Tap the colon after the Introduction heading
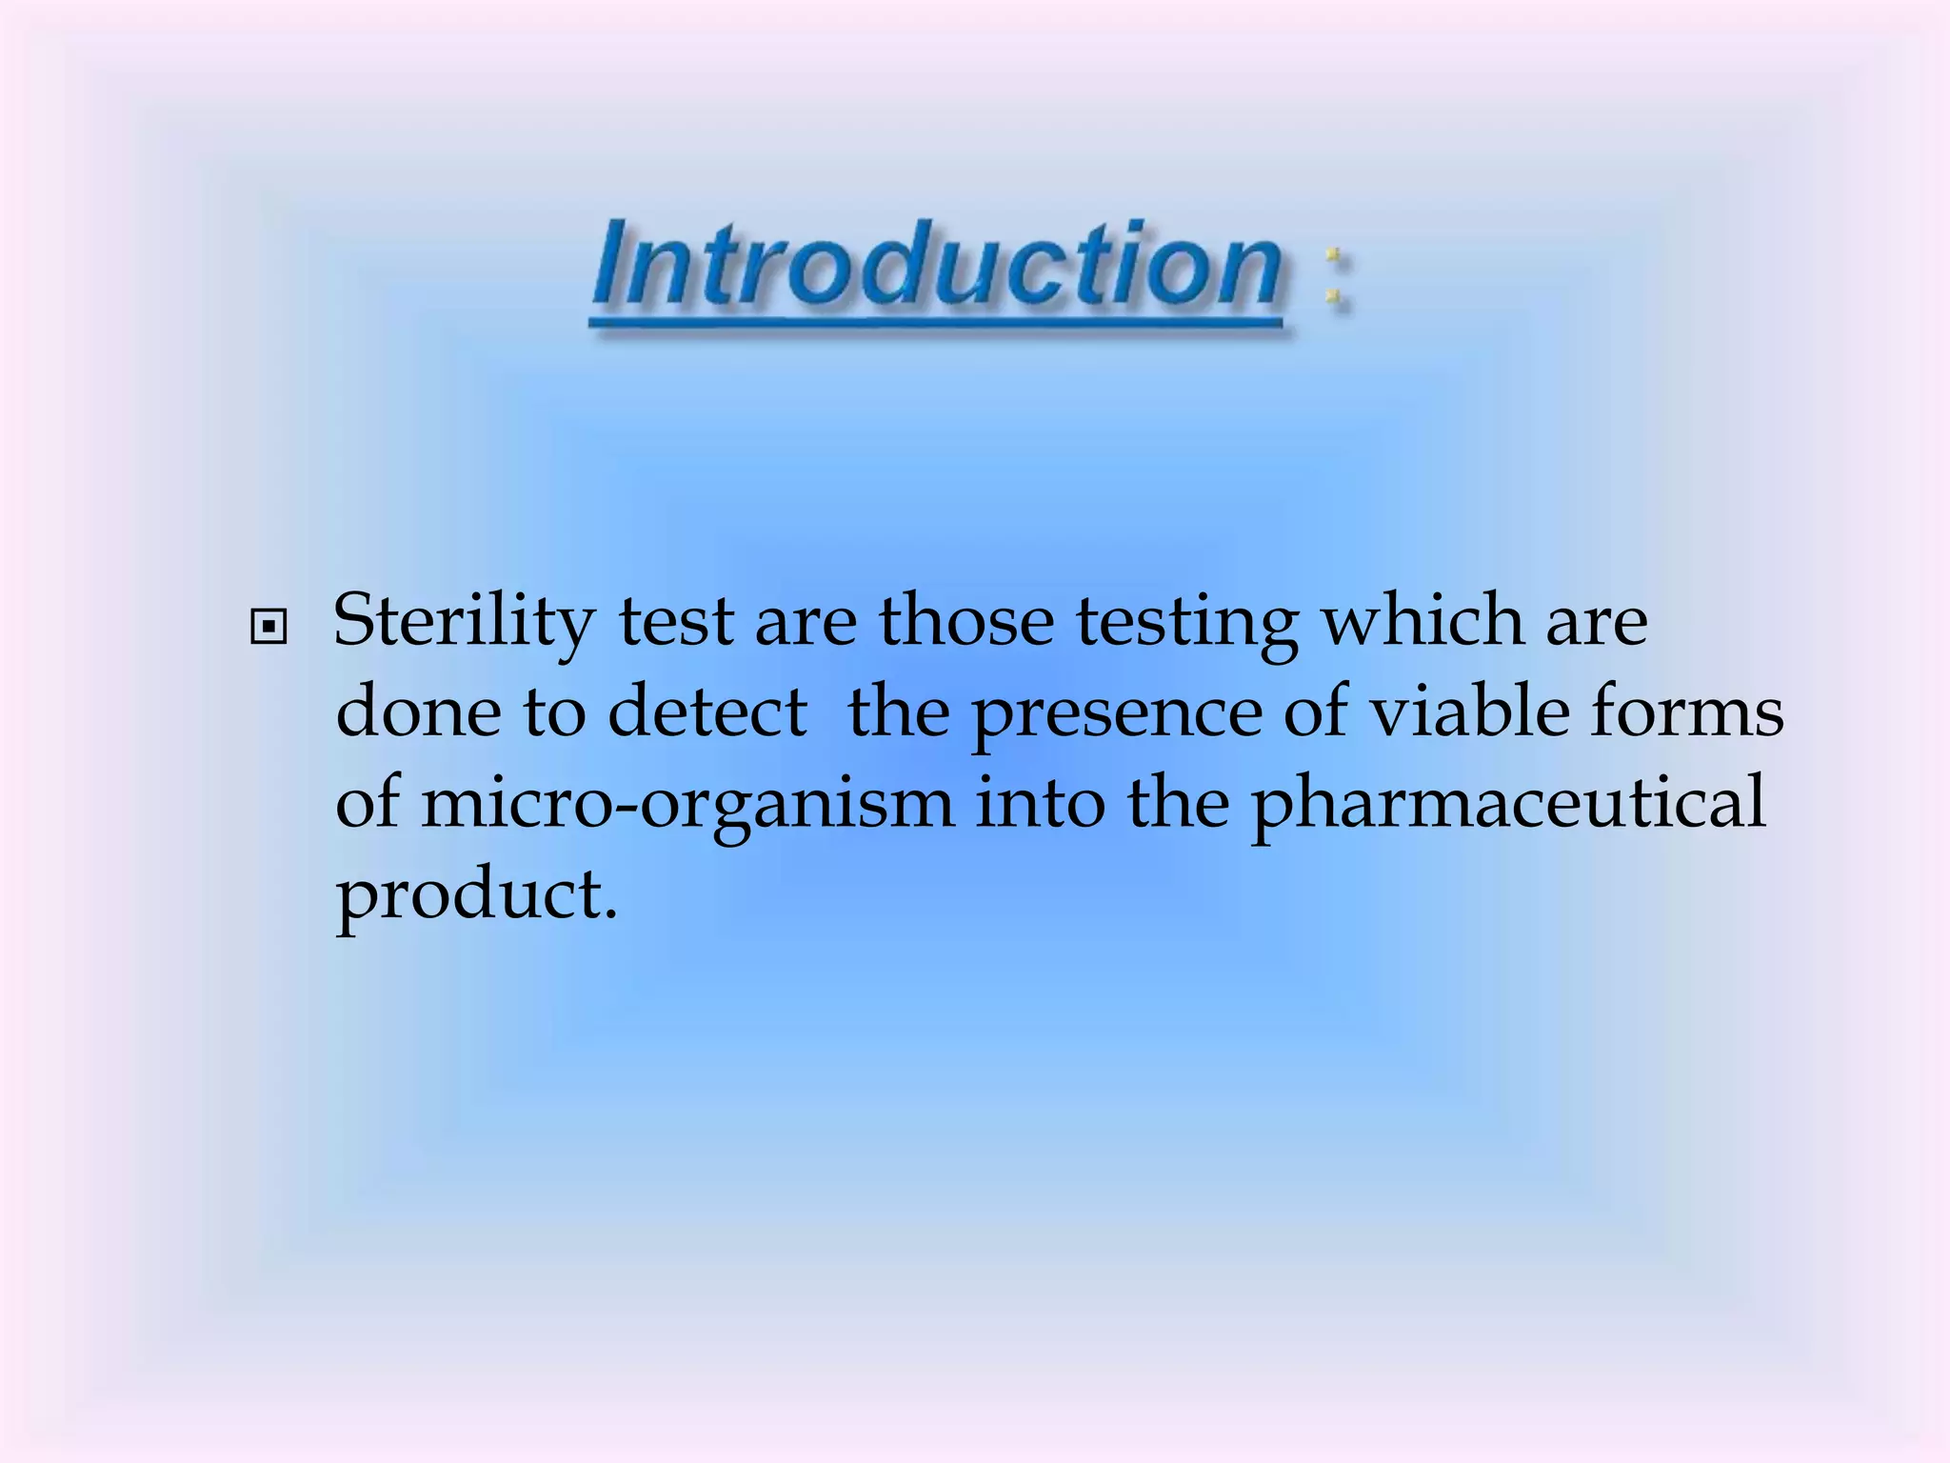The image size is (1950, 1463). click(1335, 275)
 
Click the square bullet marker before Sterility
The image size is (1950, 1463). click(269, 627)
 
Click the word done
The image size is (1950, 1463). click(418, 712)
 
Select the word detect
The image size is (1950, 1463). click(707, 712)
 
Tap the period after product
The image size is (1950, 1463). click(610, 916)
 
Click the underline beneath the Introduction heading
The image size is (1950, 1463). click(937, 326)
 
